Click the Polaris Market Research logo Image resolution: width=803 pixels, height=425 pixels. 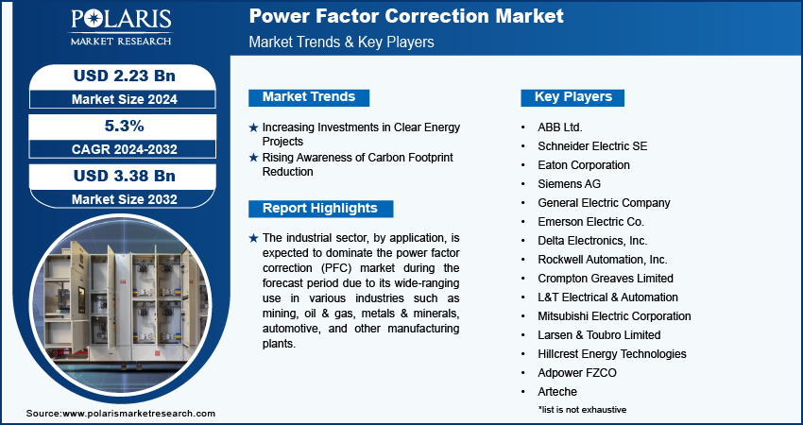(121, 27)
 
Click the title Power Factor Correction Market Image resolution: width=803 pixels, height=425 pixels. (406, 16)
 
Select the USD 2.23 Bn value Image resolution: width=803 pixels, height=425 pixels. (125, 76)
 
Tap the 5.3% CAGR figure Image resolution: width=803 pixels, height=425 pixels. (125, 126)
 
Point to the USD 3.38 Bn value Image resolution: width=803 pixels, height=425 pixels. (125, 176)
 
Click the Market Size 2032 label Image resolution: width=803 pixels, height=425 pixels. (125, 199)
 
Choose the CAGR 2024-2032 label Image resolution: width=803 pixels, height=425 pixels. (125, 149)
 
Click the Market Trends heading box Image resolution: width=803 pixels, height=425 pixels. (309, 96)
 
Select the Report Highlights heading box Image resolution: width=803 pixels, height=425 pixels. (320, 209)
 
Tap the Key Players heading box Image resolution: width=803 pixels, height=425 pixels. (572, 96)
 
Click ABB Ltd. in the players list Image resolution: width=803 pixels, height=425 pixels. (560, 127)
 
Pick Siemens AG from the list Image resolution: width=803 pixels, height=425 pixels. (569, 184)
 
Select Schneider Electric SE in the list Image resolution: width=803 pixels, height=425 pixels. (592, 146)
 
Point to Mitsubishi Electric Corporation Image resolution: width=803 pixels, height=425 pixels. (614, 316)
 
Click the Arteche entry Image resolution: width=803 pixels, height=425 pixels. (557, 392)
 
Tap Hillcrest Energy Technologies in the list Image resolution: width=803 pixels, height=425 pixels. (612, 354)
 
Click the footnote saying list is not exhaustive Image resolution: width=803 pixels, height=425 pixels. (582, 410)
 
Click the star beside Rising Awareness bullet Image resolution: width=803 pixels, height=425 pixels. (253, 158)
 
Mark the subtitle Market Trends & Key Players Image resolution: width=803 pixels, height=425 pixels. (342, 42)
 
